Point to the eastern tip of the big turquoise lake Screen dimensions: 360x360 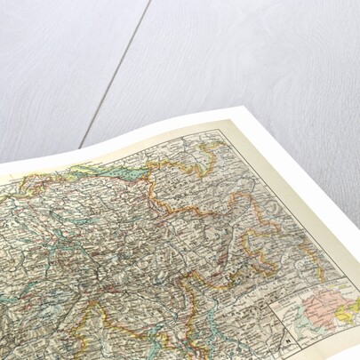144,165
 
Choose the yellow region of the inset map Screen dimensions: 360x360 352,307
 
